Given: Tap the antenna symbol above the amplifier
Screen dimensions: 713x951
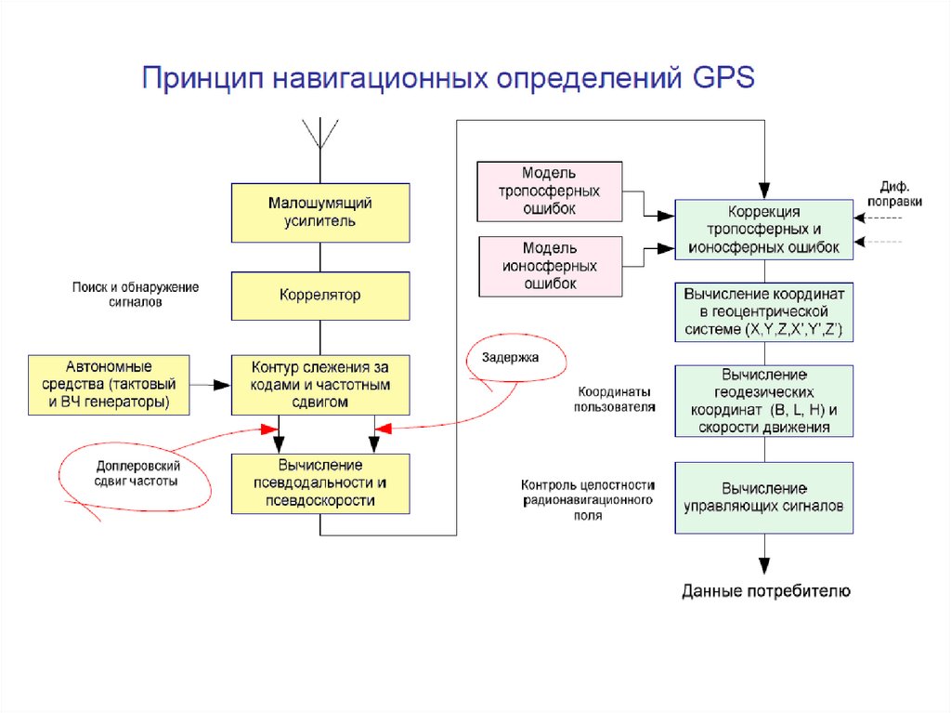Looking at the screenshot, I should (320, 136).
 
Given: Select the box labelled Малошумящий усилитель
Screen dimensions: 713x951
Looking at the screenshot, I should (319, 212).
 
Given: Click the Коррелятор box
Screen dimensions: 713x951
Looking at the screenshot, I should (319, 296).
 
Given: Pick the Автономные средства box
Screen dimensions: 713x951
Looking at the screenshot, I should (109, 384).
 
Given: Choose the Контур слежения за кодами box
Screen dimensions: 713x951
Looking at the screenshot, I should (319, 384).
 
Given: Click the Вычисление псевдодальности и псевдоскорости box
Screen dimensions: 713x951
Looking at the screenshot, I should (319, 482).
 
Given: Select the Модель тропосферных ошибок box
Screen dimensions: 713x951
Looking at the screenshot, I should (549, 191).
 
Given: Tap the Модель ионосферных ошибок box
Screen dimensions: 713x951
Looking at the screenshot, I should (549, 266).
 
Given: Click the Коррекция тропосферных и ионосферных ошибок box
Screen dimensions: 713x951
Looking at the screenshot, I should (764, 230).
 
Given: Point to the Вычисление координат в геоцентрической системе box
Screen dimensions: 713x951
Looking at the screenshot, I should (764, 311).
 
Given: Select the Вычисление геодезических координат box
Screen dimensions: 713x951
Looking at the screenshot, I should (764, 401).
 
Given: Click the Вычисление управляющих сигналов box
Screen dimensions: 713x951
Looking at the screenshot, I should (764, 497).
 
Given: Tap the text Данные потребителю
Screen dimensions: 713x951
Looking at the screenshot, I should (765, 590).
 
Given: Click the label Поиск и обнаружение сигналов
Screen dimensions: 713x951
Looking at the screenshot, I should (136, 295).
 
